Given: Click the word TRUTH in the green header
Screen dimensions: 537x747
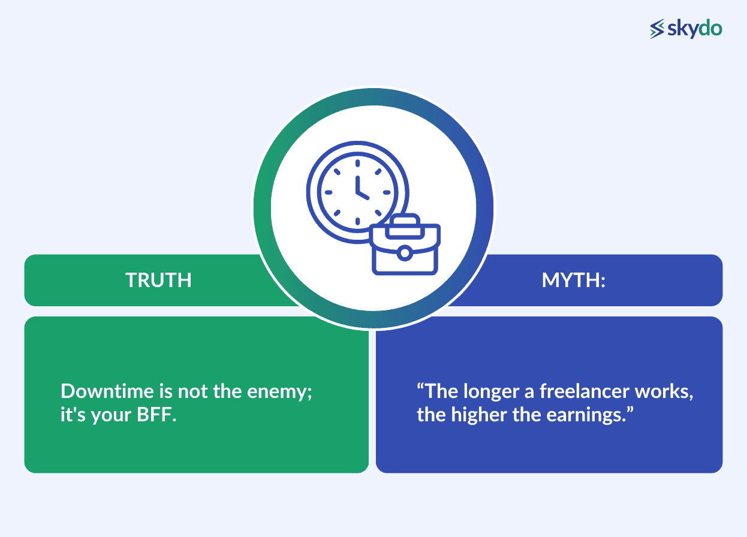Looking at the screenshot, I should coord(158,280).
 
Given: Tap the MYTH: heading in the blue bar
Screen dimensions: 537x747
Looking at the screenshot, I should coord(574,280).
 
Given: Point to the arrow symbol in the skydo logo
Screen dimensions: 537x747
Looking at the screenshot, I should coord(658,29).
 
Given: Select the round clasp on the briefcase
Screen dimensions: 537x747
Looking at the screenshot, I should coord(405,254).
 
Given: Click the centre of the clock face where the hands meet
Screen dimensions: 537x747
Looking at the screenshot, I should coord(358,192).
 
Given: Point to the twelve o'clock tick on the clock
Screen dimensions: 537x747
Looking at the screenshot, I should coord(358,162).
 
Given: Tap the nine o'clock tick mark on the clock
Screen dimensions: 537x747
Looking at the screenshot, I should coord(327,192).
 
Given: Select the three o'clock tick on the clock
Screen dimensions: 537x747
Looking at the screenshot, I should coord(387,192).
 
